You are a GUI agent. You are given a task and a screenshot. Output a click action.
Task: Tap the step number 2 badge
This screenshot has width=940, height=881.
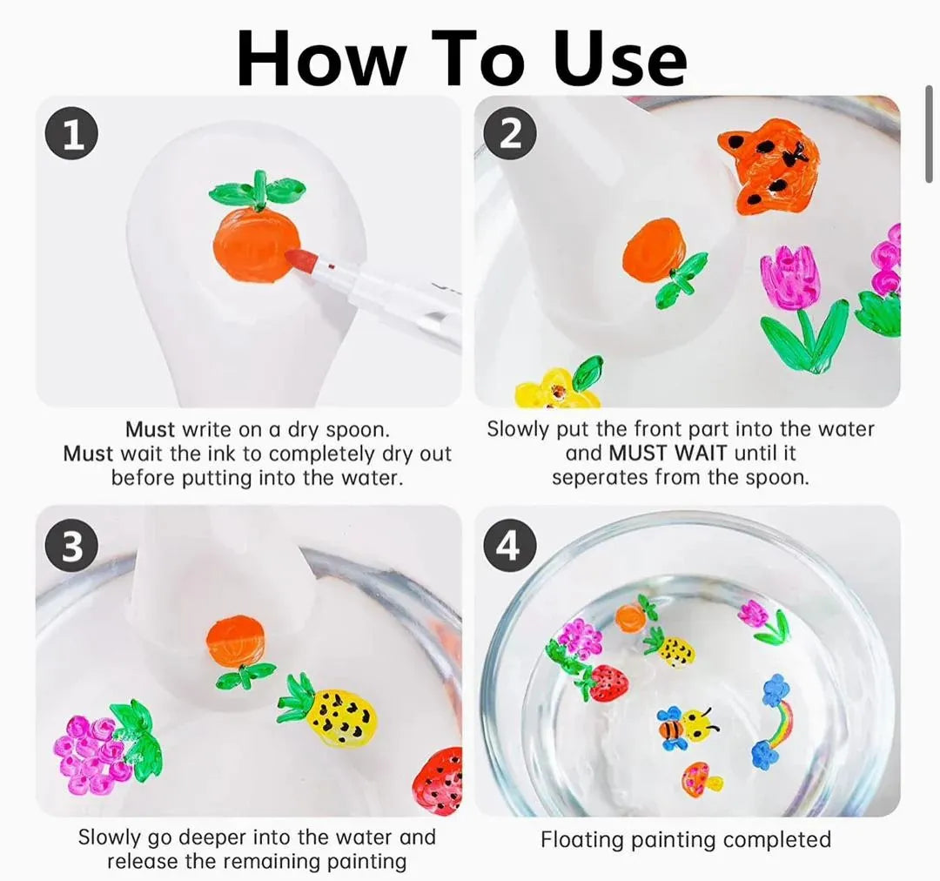[x=509, y=136]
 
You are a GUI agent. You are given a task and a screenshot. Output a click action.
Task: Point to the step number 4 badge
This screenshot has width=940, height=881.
[x=509, y=547]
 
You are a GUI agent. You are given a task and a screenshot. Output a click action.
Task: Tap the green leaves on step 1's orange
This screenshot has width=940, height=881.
[x=258, y=191]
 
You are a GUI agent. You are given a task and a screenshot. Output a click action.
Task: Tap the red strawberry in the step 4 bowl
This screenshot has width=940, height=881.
[x=603, y=682]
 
